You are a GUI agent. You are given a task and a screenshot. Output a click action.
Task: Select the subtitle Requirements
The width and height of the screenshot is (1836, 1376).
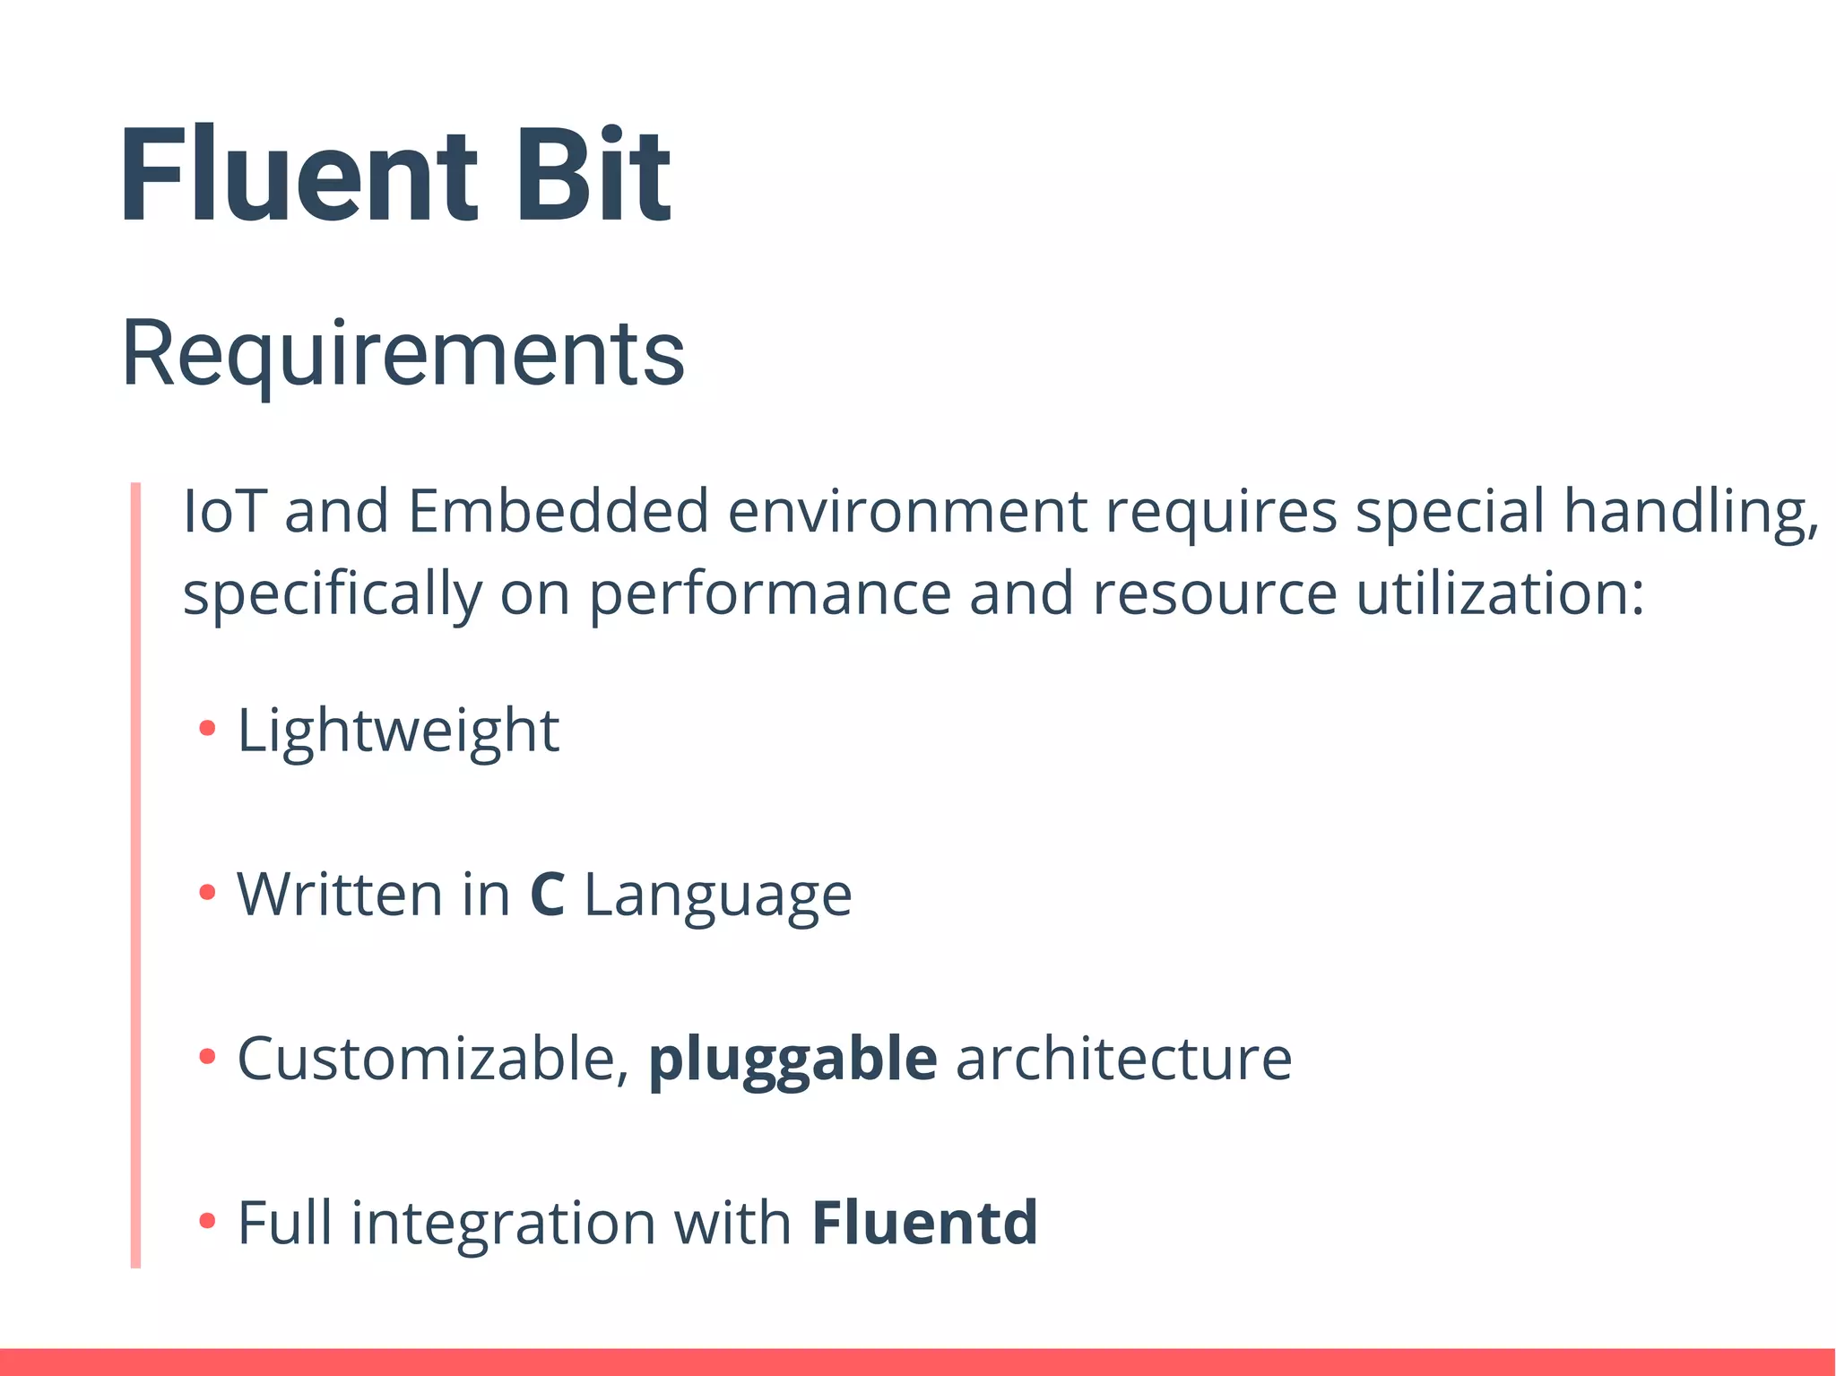coord(403,354)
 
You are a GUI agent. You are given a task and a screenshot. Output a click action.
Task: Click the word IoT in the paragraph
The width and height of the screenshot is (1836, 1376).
coord(224,512)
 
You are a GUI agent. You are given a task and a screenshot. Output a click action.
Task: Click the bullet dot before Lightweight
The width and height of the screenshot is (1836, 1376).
coord(207,728)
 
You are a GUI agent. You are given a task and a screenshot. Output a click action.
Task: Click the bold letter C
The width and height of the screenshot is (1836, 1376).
coord(547,895)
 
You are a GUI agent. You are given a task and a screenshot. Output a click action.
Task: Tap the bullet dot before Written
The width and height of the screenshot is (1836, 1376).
coord(207,892)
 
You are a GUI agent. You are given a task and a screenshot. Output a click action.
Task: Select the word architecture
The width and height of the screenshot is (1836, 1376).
coord(1124,1060)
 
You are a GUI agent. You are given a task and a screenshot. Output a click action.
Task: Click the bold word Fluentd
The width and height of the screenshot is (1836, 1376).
coord(924,1223)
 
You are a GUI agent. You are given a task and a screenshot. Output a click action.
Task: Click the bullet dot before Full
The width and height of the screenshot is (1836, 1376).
coord(207,1220)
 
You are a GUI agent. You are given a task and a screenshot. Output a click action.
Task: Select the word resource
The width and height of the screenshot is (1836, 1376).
coord(1215,594)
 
